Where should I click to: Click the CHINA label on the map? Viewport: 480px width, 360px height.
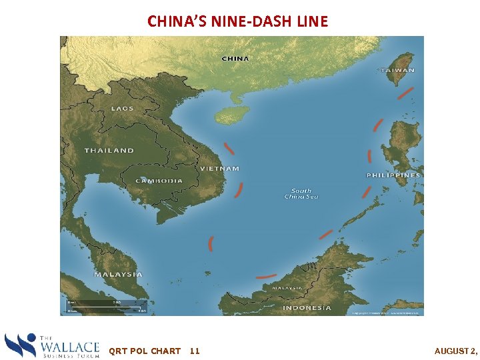pyautogui.click(x=235, y=58)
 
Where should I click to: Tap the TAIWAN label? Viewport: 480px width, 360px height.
pyautogui.click(x=397, y=70)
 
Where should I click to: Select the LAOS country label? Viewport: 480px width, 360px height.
pyautogui.click(x=122, y=108)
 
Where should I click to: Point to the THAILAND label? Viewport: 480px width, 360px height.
pyautogui.click(x=109, y=151)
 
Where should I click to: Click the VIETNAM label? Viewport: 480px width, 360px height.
pyautogui.click(x=219, y=169)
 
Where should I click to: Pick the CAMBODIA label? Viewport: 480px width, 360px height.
pyautogui.click(x=159, y=181)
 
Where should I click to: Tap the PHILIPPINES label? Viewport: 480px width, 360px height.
pyautogui.click(x=393, y=175)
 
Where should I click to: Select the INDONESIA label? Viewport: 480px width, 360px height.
pyautogui.click(x=307, y=308)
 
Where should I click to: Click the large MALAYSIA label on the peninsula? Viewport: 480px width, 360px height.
pyautogui.click(x=118, y=274)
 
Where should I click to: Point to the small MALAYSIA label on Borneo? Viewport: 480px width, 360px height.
pyautogui.click(x=287, y=287)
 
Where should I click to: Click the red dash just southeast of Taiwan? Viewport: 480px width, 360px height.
pyautogui.click(x=405, y=93)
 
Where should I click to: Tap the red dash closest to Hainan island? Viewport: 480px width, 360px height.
pyautogui.click(x=229, y=148)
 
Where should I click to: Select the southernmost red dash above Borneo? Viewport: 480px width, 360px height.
pyautogui.click(x=266, y=275)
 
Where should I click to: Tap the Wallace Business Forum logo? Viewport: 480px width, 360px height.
pyautogui.click(x=52, y=346)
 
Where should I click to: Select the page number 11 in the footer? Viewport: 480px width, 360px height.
pyautogui.click(x=195, y=351)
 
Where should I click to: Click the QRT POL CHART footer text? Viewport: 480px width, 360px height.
pyautogui.click(x=145, y=351)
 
